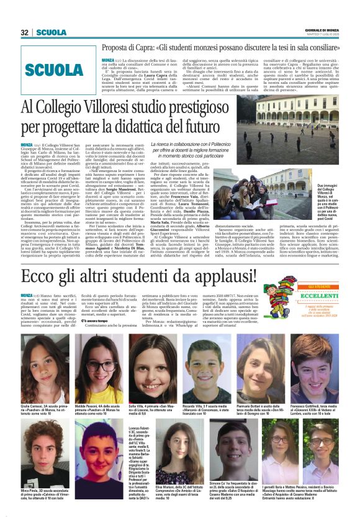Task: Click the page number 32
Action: (x=25, y=32)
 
